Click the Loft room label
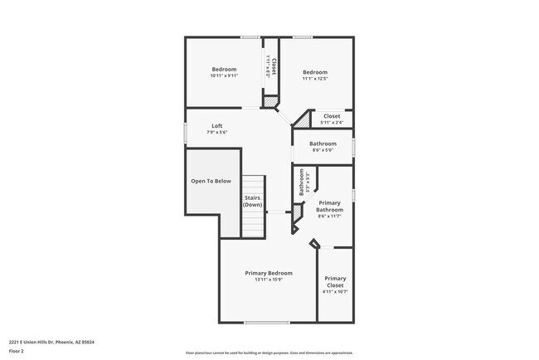tap(216, 126)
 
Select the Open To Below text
tap(211, 180)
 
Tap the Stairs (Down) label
tap(253, 202)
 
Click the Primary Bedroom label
tap(269, 273)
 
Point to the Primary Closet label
tap(335, 281)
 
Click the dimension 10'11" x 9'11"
tap(224, 75)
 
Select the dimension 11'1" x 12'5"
tap(315, 79)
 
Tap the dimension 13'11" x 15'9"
tap(269, 280)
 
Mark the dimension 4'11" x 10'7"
tap(335, 292)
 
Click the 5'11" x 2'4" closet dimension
tap(332, 123)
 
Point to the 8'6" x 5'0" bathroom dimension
tap(323, 150)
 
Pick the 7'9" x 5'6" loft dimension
tap(216, 133)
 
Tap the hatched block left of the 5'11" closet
tap(303, 120)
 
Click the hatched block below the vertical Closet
tap(269, 102)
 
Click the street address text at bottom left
tap(51, 341)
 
